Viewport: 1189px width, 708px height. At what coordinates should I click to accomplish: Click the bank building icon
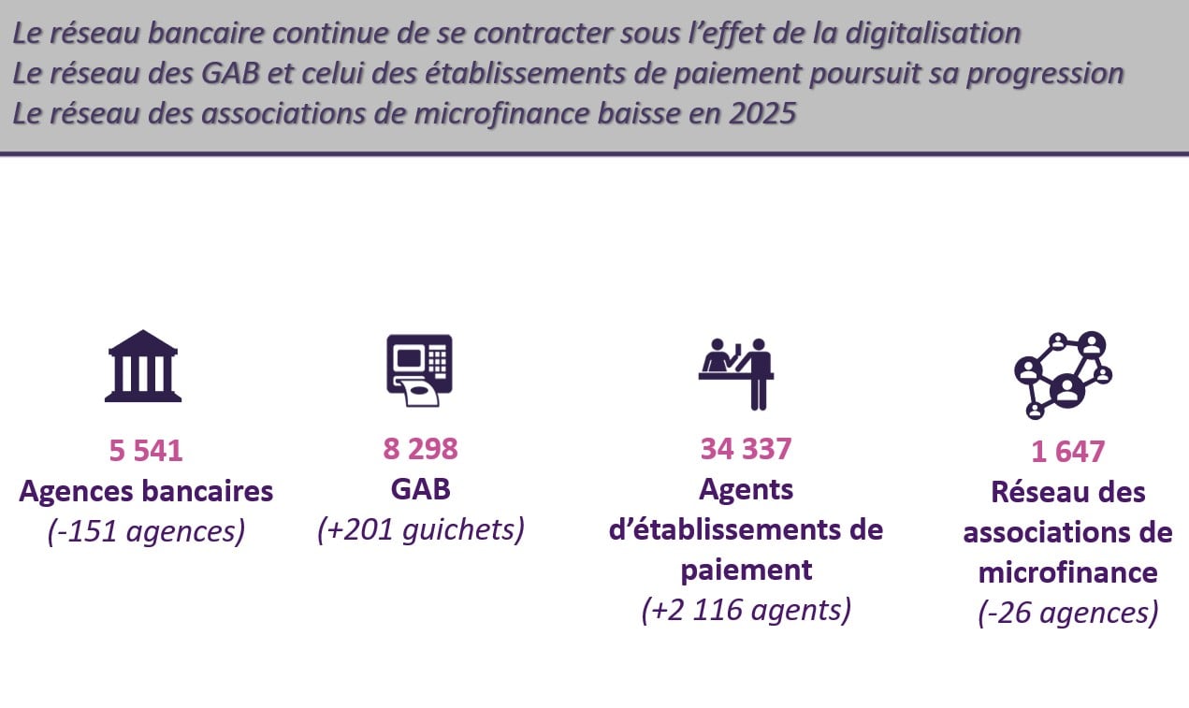143,367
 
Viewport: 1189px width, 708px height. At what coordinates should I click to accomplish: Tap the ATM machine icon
419,370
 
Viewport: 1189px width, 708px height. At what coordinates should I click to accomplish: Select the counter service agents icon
736,374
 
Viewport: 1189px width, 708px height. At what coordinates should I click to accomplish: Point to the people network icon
1063,375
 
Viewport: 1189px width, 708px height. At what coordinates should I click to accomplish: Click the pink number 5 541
146,451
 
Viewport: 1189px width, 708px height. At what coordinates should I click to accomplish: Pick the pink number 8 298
420,449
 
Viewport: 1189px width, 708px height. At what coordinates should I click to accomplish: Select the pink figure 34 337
746,449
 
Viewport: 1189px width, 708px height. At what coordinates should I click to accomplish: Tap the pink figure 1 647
1068,452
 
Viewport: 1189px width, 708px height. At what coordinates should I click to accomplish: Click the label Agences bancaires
146,491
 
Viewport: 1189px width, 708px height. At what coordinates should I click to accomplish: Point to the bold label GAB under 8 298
420,489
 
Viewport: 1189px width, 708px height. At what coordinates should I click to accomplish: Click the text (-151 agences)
146,530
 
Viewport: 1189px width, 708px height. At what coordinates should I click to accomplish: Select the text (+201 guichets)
421,529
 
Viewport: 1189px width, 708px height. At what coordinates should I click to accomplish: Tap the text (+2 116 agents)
747,609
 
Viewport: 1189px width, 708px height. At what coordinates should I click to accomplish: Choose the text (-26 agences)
1068,613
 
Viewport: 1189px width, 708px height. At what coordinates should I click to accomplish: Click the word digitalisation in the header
933,33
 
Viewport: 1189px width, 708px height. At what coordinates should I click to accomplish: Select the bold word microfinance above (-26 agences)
1068,572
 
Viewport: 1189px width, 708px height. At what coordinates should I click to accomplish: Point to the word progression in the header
1045,74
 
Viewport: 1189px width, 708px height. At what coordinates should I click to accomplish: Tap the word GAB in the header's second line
230,73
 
